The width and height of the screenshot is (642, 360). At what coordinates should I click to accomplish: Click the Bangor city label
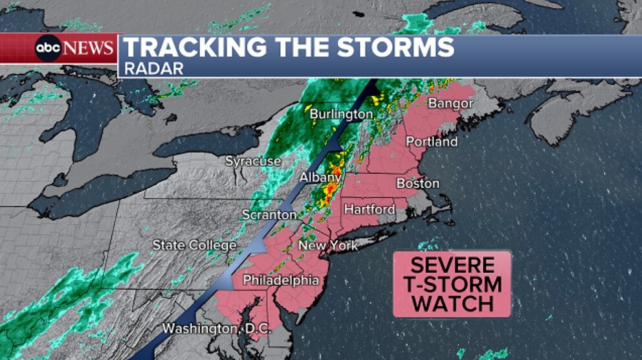451,104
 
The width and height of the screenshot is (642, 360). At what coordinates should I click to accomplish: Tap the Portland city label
432,142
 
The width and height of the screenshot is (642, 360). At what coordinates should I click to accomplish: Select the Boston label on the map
417,183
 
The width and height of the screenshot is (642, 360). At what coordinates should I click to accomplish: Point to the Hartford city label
369,209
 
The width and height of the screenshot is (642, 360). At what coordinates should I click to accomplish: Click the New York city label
328,245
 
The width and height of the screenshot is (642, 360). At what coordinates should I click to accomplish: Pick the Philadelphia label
280,280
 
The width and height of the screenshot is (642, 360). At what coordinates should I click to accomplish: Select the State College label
194,245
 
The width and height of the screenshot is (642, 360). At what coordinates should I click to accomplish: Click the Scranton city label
269,214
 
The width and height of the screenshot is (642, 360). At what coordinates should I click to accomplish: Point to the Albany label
320,177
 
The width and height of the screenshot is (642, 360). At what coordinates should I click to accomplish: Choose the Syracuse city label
253,161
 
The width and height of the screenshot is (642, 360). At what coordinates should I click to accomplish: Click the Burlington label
341,115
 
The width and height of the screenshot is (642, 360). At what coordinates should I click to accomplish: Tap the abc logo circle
49,49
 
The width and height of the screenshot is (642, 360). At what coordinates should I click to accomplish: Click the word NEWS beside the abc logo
89,49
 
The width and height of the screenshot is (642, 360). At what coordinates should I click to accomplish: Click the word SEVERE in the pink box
452,265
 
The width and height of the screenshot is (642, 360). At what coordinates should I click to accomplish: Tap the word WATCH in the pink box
452,302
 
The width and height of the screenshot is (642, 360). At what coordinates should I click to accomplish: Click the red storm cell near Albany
330,188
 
